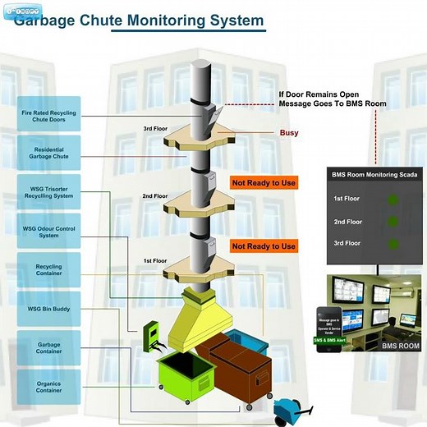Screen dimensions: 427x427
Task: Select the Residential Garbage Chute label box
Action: tap(48, 152)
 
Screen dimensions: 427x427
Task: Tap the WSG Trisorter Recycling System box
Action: tap(48, 191)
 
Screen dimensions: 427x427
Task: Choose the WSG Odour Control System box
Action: tap(48, 231)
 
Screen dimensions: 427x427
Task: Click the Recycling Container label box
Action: tap(48, 270)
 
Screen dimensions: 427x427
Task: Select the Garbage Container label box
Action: tap(48, 348)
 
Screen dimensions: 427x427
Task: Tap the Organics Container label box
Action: tap(48, 387)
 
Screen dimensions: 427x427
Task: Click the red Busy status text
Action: tap(289, 132)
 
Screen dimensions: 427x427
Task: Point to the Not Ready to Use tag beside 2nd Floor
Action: tap(264, 183)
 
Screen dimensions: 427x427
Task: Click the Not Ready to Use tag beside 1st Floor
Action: tap(264, 246)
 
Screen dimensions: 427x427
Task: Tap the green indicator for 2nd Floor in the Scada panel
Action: tap(393, 222)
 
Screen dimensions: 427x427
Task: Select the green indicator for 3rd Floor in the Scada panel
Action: tap(393, 244)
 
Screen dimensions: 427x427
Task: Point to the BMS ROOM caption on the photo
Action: tap(401, 346)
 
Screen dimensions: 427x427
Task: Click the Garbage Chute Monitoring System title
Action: tap(140, 20)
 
